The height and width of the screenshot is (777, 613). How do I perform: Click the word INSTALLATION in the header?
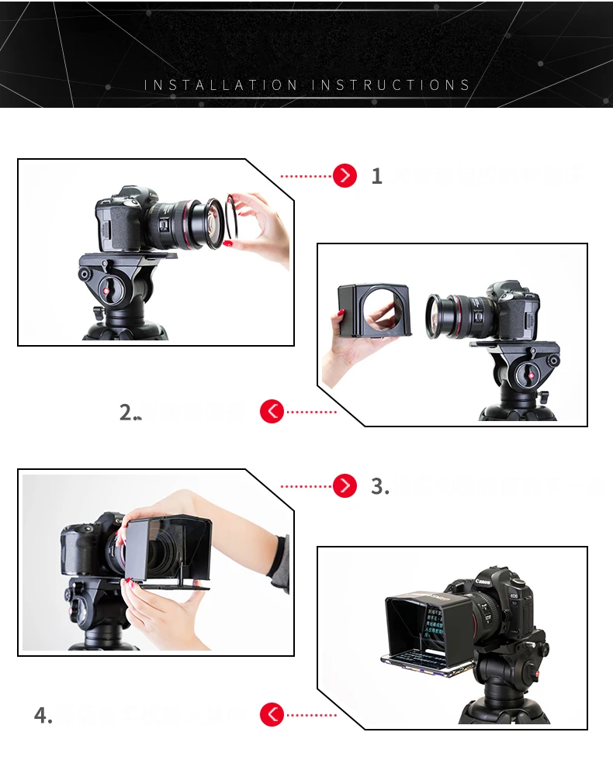coord(220,85)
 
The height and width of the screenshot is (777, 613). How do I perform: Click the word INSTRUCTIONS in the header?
coord(391,85)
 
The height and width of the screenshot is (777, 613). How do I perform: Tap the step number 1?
coord(377,177)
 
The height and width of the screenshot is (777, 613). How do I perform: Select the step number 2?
coord(127,413)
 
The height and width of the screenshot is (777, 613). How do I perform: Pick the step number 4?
coord(42,715)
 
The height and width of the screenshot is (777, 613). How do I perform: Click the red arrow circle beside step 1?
coord(345,176)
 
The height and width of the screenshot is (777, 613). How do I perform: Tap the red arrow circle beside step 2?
coord(272,412)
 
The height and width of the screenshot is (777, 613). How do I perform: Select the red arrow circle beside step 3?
coord(345,486)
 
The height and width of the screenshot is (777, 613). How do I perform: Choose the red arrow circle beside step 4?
coord(272,714)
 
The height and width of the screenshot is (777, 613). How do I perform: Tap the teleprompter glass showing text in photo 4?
coord(435,620)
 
